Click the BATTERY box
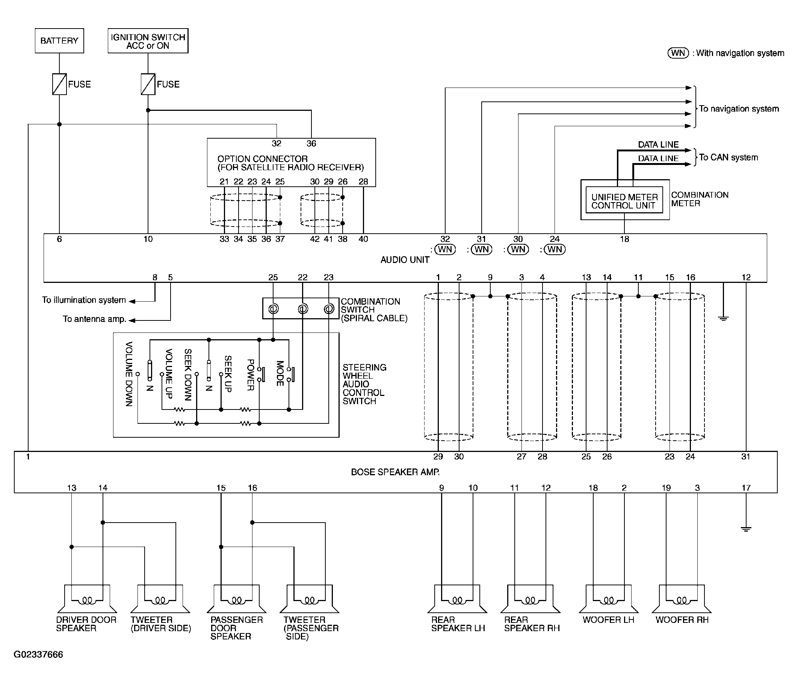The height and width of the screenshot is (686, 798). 59,41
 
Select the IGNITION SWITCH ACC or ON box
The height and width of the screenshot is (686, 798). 148,41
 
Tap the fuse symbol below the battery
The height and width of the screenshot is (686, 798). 59,84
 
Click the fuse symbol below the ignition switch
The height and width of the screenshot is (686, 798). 148,84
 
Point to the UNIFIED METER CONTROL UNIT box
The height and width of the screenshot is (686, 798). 624,200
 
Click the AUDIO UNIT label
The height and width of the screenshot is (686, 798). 405,260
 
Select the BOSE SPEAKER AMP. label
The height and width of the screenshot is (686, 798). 395,472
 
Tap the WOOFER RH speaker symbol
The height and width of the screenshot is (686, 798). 682,599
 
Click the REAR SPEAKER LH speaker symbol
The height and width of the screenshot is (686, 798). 457,599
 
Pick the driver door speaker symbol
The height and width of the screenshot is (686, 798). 87,599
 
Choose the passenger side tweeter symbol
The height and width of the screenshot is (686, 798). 310,599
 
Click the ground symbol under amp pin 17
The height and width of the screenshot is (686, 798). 746,529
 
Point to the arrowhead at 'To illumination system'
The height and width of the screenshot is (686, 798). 132,301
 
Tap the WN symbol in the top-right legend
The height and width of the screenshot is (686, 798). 678,53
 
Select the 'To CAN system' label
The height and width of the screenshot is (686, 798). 728,157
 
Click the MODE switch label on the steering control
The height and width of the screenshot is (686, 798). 280,373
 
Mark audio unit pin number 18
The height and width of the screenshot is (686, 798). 624,239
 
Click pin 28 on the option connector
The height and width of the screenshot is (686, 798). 363,181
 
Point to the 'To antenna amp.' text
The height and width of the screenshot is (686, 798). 94,319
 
